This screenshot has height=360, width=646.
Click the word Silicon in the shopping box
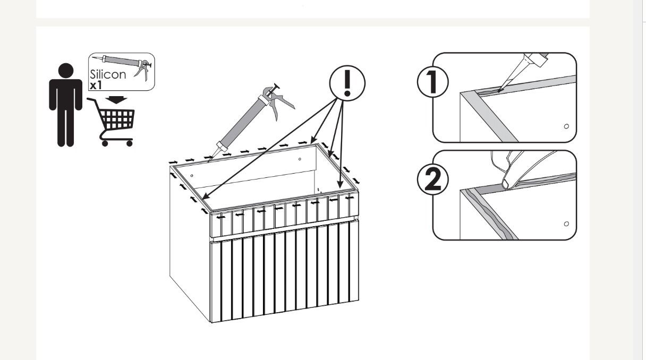(108, 74)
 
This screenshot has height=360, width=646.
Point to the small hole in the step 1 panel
(566, 126)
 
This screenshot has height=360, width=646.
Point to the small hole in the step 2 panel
(566, 224)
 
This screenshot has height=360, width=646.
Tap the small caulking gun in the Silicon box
(122, 64)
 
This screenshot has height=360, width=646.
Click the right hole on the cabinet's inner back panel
(300, 159)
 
